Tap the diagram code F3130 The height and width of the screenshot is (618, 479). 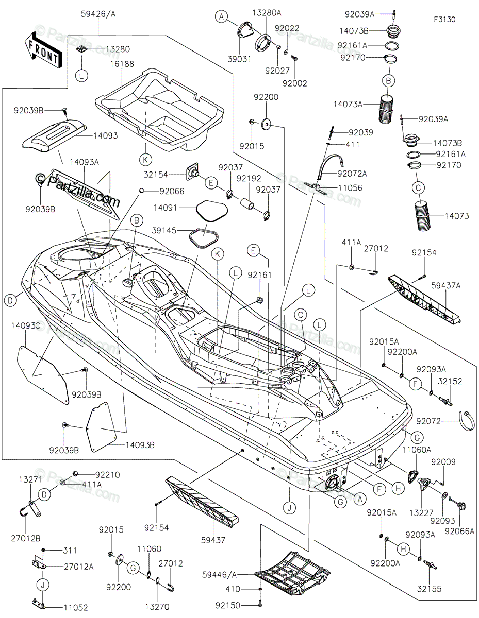tap(444, 19)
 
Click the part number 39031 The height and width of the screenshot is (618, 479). tap(241, 59)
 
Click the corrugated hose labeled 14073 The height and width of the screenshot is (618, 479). tap(428, 215)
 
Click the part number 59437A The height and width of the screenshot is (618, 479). tap(446, 285)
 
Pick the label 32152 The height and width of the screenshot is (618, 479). tap(450, 382)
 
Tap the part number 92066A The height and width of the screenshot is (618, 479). tap(460, 517)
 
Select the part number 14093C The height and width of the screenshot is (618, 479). tap(26, 325)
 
